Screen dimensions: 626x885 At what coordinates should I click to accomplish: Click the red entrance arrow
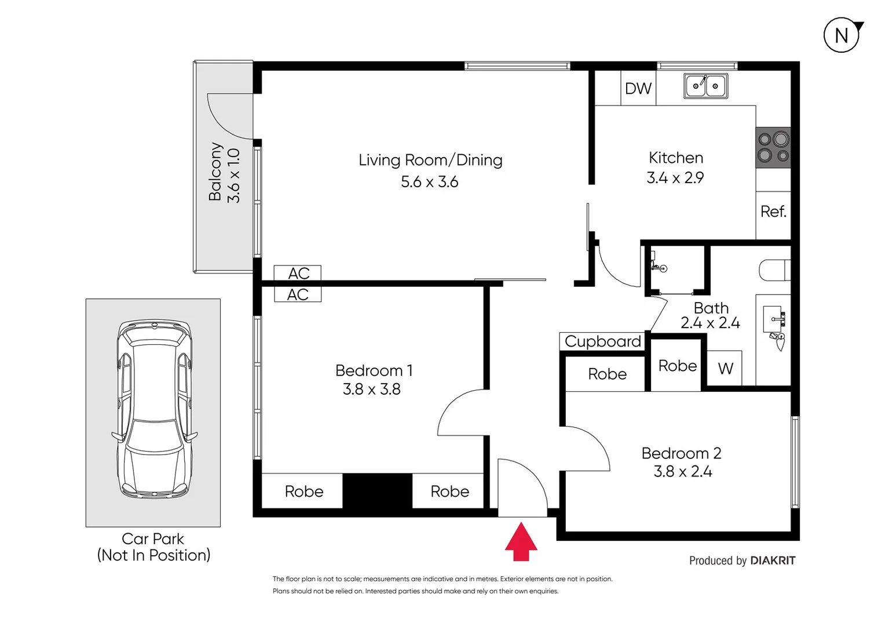(521, 542)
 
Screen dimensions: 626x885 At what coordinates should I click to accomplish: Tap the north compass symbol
(841, 36)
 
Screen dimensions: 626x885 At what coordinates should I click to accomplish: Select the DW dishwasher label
(638, 89)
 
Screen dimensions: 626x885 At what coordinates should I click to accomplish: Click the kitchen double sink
(705, 86)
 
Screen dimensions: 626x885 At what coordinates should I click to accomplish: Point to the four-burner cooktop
(773, 147)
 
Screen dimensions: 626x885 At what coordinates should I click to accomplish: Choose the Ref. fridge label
(773, 212)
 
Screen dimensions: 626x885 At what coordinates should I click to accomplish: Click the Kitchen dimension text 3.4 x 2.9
(675, 178)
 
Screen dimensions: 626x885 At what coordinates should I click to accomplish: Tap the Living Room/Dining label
(430, 160)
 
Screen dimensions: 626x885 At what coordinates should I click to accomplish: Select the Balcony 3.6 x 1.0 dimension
(233, 176)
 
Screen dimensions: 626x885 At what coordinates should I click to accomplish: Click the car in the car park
(153, 409)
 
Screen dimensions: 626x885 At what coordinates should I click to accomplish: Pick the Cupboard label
(602, 341)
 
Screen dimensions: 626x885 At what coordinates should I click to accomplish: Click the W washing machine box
(725, 368)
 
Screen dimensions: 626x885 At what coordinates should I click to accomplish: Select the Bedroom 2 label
(681, 453)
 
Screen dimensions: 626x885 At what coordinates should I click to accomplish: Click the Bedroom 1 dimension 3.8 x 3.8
(372, 389)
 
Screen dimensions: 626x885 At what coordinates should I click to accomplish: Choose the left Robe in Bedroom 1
(303, 492)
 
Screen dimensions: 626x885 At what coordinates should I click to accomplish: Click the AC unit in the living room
(298, 273)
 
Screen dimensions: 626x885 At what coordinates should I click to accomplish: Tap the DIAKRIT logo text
(773, 561)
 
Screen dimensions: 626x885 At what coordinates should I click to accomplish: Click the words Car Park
(153, 538)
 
